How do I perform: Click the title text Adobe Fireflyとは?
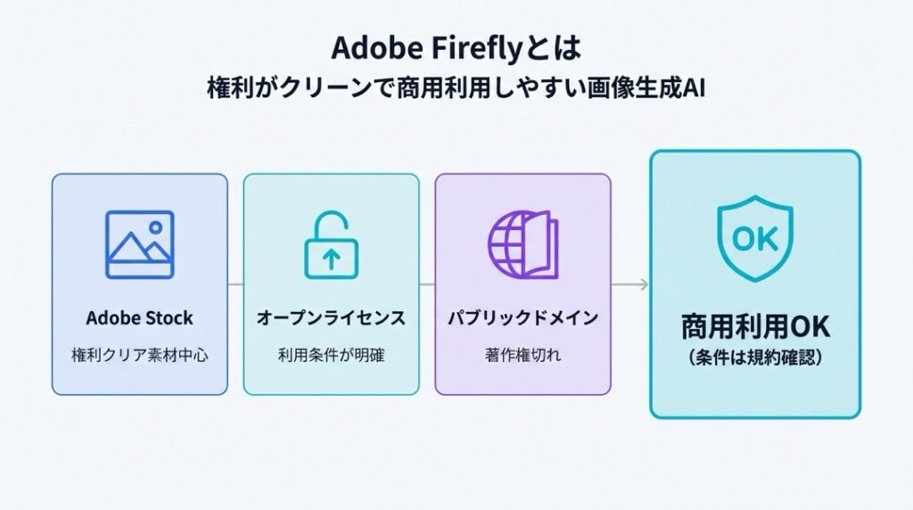(456, 46)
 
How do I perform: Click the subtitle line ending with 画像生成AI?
(456, 90)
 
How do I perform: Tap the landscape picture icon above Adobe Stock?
(139, 244)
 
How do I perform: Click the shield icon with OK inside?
(754, 237)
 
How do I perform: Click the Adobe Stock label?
(139, 318)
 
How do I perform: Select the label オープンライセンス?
(331, 318)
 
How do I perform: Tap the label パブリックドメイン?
(522, 318)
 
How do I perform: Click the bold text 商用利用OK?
(754, 327)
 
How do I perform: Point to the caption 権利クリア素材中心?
(139, 355)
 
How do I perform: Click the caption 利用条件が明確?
(331, 355)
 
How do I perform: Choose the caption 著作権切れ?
(522, 355)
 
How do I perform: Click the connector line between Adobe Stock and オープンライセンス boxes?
(235, 284)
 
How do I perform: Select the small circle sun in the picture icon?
(154, 226)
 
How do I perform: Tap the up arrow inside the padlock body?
(331, 259)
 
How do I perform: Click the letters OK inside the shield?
(754, 238)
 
